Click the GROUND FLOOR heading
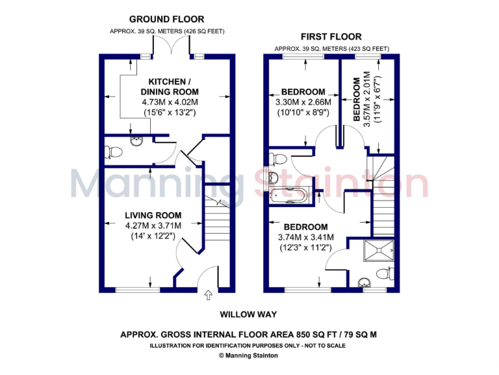pos(166,20)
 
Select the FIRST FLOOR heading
pos(331,36)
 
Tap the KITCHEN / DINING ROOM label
pos(169,86)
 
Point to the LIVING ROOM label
pos(153,215)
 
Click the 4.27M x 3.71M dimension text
pos(153,226)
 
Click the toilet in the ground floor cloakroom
pos(114,151)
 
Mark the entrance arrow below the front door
pos(208,296)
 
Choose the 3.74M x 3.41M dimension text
pos(305,237)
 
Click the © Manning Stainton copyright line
pos(248,355)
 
